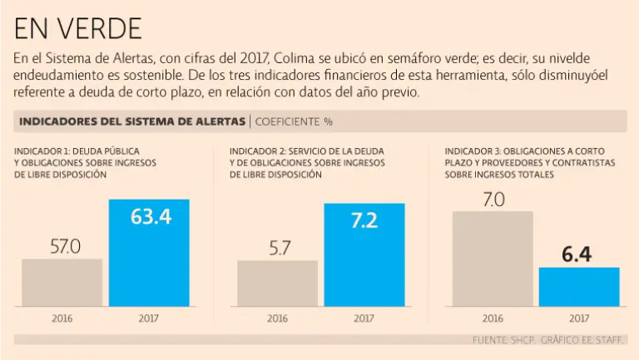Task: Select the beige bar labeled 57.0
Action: [62, 283]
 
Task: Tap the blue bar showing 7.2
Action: [364, 254]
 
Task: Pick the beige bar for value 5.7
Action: [278, 284]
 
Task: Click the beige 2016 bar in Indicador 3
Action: [493, 259]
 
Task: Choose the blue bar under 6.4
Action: [579, 287]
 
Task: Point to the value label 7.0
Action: [493, 200]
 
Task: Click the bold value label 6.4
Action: [576, 254]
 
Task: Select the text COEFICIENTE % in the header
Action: [294, 121]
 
